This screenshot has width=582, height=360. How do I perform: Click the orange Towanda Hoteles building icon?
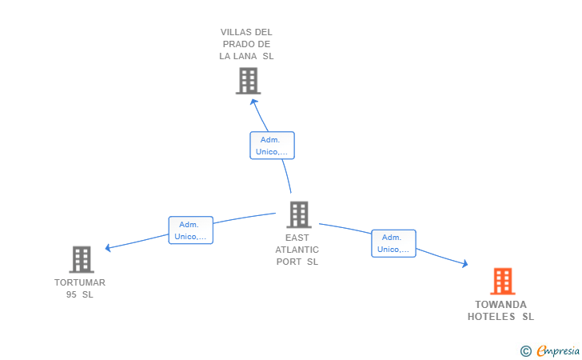coord(502,281)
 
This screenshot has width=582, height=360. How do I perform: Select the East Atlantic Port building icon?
coord(298,214)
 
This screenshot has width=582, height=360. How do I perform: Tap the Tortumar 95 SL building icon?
coord(82,259)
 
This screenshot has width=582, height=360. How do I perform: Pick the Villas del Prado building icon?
coord(248,80)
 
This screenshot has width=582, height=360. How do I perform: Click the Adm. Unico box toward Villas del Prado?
coord(272,145)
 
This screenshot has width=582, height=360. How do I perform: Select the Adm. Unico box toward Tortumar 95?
coord(190,230)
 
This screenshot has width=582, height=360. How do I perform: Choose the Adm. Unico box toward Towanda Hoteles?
coord(393,243)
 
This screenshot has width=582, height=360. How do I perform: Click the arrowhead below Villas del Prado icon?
coord(254,102)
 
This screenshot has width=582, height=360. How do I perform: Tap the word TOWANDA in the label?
coord(500,305)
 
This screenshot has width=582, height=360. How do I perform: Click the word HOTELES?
coord(492,317)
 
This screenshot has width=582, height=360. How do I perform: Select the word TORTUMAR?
coord(80,282)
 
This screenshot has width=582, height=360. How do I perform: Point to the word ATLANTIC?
coord(297,250)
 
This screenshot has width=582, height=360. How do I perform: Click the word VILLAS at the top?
coord(234,33)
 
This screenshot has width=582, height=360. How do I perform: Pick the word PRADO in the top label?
coord(238,45)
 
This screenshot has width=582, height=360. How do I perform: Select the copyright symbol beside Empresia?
coord(525,350)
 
